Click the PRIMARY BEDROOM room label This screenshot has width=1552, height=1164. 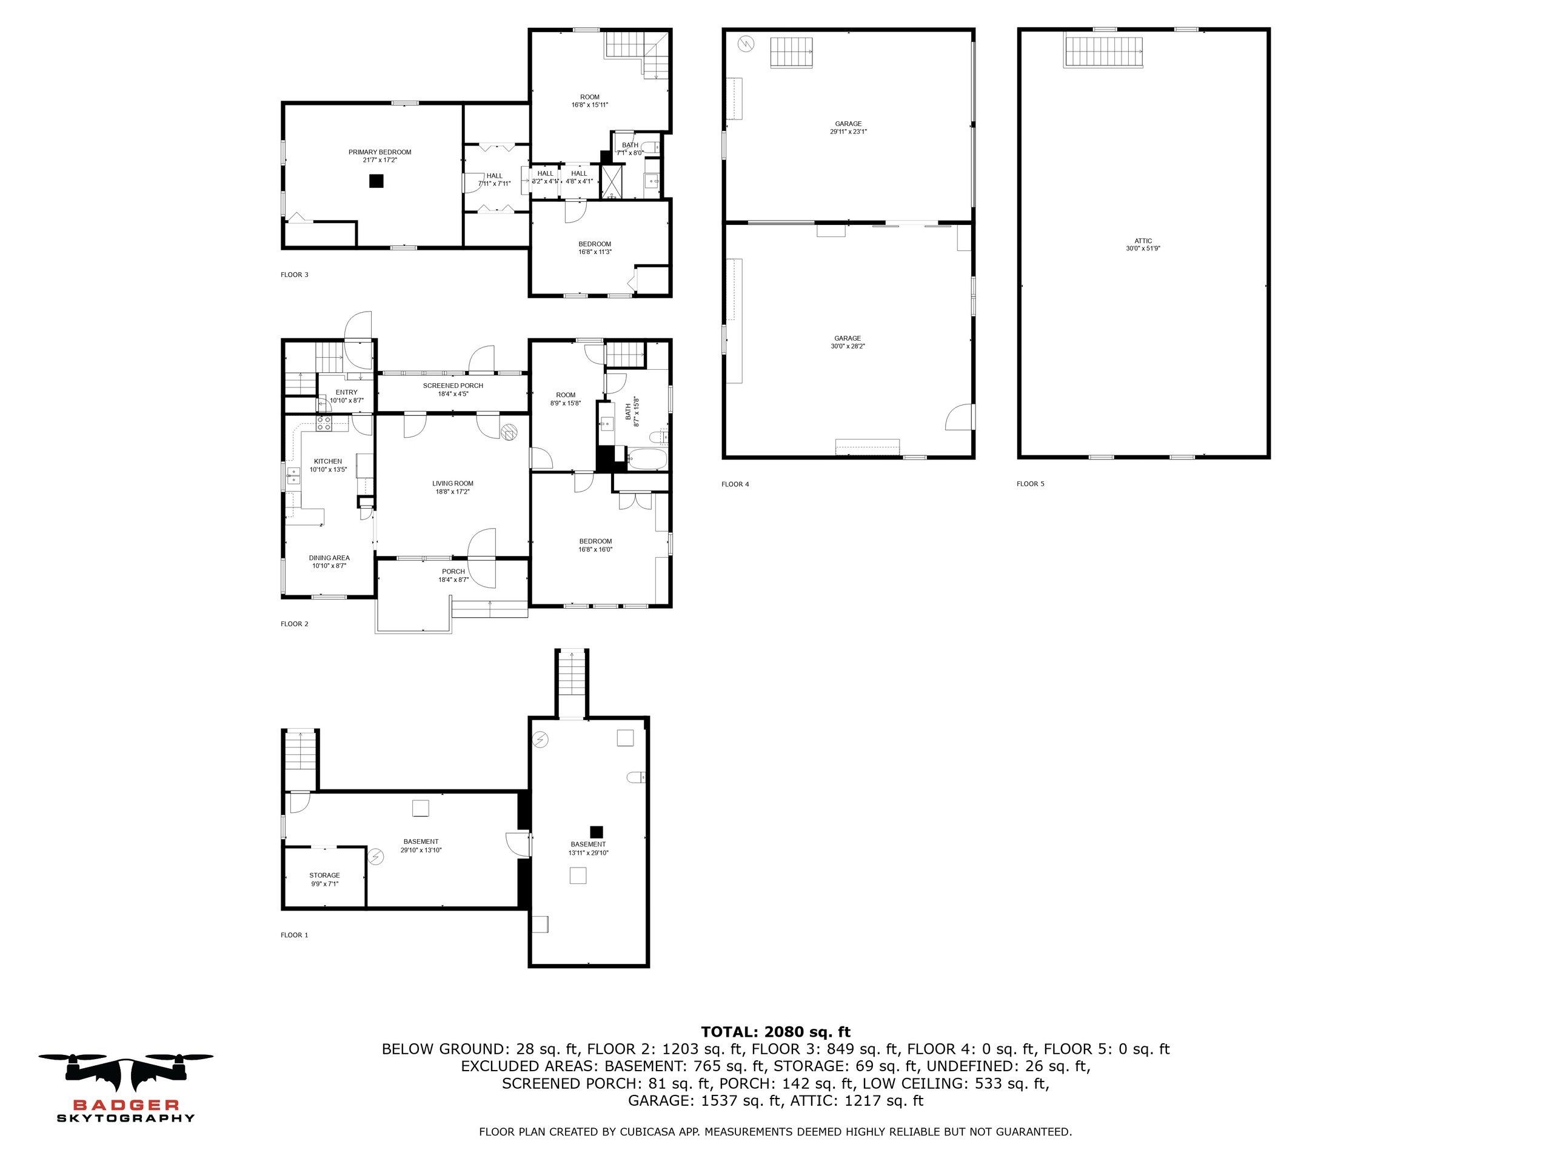[x=380, y=152]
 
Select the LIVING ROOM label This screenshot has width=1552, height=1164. [x=452, y=483]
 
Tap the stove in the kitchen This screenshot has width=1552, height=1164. [x=324, y=423]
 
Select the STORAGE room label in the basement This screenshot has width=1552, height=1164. [x=324, y=875]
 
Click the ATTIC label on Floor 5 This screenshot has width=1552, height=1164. [x=1143, y=241]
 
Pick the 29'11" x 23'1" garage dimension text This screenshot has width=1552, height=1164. [x=848, y=131]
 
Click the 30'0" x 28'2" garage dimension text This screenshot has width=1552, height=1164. [x=848, y=346]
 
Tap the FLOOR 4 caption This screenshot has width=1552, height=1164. [x=735, y=484]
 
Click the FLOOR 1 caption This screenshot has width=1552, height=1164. [x=294, y=935]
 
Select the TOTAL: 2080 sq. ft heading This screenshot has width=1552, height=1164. [x=775, y=1031]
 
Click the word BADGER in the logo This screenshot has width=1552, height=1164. [x=125, y=1105]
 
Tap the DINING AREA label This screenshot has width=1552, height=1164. [x=329, y=558]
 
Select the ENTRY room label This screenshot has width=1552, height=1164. [x=347, y=392]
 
